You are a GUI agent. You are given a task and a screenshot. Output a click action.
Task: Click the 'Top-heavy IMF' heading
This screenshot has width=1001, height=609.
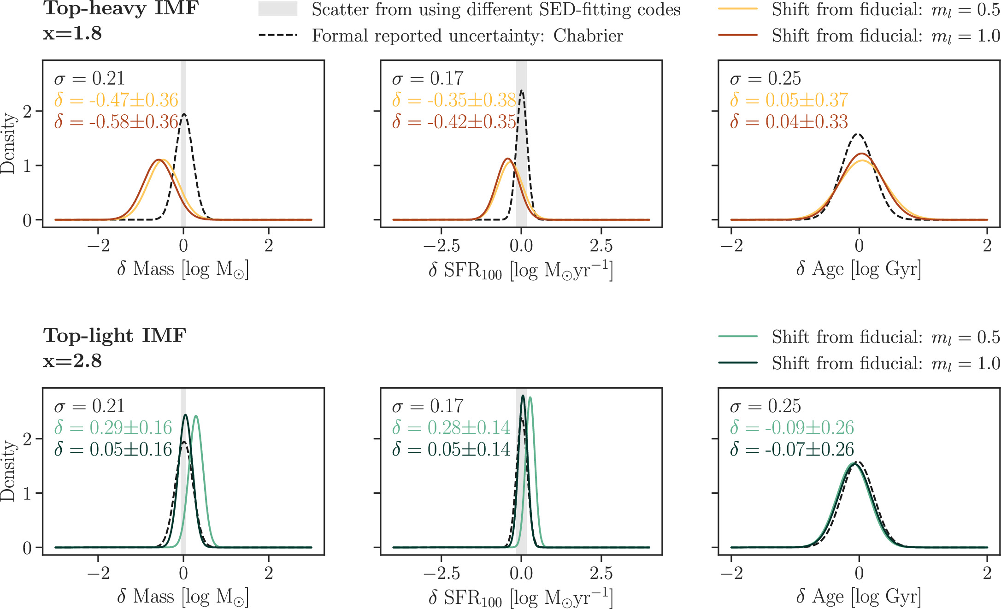121,8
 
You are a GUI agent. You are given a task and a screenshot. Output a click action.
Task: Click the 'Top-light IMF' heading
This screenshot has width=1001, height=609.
114,336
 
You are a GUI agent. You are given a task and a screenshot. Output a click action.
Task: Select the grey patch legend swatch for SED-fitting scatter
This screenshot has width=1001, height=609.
277,9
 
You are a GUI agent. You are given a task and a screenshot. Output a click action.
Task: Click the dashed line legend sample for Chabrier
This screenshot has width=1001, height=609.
277,35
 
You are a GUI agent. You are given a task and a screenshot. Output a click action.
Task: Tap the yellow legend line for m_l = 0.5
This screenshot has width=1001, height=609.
737,9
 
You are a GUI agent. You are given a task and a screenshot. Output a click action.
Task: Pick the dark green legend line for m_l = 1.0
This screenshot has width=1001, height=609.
737,363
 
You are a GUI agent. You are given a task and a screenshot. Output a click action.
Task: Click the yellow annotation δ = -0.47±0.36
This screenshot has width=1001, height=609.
116,100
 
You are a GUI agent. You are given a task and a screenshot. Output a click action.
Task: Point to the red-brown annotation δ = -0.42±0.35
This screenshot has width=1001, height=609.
454,122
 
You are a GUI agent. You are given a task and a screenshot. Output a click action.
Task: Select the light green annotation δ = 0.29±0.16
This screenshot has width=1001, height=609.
113,428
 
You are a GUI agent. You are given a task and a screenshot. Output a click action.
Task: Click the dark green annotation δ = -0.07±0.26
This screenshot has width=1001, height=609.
792,449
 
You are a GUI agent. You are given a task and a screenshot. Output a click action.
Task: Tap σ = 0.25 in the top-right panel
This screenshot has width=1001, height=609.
765,78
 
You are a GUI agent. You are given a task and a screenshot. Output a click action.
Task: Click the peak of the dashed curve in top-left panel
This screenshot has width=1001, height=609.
184,114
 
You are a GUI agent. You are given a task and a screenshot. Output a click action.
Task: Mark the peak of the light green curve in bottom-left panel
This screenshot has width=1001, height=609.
196,416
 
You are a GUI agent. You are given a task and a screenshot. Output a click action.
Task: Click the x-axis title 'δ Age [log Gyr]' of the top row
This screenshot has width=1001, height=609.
859,269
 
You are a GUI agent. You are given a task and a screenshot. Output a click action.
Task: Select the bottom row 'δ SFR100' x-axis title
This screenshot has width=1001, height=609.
521,597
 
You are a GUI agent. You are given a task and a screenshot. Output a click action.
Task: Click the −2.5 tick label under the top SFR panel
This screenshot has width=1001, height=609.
441,246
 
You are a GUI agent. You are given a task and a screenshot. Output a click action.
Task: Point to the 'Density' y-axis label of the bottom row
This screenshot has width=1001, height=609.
8,470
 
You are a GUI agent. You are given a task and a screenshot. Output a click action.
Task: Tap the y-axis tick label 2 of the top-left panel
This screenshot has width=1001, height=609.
27,112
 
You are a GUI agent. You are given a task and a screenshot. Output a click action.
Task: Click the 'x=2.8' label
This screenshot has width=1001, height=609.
72,361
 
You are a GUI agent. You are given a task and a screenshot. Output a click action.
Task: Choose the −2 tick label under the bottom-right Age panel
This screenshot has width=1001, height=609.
731,574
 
